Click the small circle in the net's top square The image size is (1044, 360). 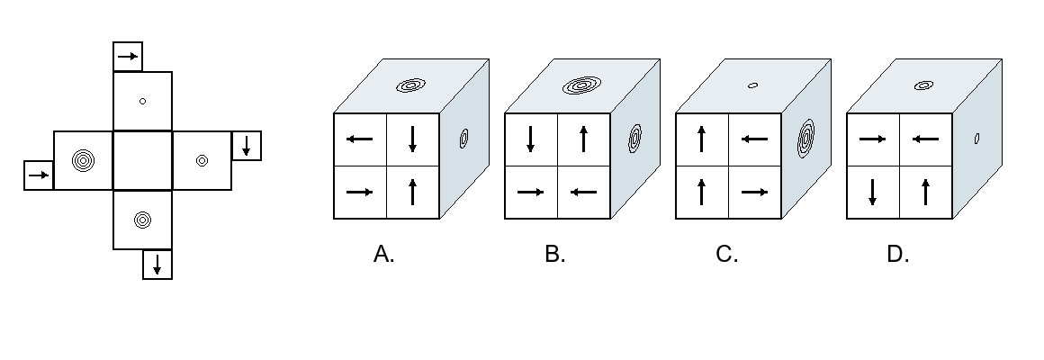142,101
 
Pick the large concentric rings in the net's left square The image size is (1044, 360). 83,160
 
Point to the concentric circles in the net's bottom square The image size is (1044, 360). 142,220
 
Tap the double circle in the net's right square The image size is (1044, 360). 202,160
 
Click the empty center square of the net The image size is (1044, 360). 142,160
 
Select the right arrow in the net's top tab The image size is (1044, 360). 128,57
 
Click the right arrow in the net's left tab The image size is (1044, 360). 39,175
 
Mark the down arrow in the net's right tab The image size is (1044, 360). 247,146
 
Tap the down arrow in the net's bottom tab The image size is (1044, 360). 157,265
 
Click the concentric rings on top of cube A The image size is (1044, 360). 410,85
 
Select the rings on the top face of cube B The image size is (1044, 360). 582,85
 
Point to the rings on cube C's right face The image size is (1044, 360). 805,139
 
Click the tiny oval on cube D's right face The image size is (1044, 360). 976,139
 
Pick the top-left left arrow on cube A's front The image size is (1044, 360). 360,139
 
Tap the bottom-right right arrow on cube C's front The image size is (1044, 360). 754,193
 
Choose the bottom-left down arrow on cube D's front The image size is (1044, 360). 873,193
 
